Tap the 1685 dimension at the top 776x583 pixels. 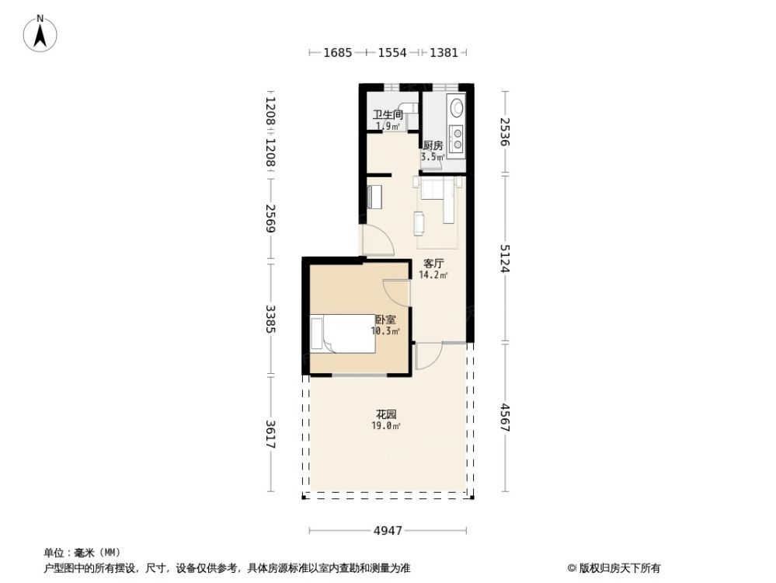338,53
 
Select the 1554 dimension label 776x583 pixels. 392,53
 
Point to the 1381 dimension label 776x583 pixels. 444,53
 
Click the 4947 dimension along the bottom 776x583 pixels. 388,531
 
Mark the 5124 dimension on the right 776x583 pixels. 505,258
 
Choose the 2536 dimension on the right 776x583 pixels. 505,133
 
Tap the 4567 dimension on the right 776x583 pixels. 505,417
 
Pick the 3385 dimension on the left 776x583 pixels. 270,319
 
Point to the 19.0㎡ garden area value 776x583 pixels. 387,426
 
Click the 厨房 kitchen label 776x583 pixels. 433,145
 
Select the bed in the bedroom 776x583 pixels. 343,333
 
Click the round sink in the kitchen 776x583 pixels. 458,107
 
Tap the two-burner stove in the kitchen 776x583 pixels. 458,138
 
